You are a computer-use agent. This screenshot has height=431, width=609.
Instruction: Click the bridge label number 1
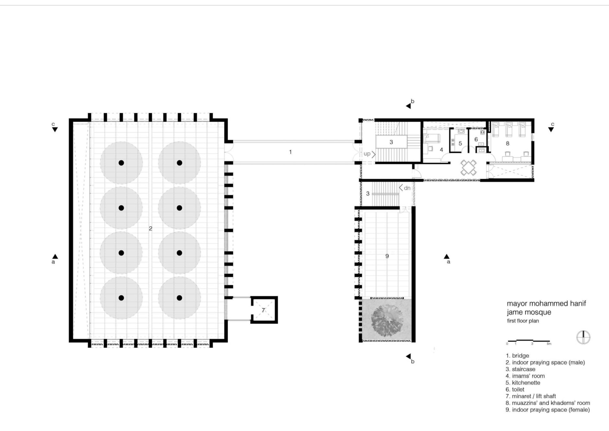290,152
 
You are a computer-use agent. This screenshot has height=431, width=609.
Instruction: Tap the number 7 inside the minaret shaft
263,310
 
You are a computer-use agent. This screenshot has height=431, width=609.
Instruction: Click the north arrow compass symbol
583,337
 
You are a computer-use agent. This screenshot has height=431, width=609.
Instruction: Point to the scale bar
529,341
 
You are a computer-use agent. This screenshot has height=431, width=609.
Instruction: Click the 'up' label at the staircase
367,154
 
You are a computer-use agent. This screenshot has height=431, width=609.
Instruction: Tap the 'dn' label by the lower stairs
407,188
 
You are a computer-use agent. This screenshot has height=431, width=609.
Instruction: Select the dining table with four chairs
469,167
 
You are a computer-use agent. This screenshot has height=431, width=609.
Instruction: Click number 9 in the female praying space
387,256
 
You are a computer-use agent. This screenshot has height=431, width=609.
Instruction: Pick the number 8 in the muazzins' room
507,144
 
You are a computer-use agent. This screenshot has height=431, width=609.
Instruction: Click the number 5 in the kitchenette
460,144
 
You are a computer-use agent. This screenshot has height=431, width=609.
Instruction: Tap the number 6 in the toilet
476,139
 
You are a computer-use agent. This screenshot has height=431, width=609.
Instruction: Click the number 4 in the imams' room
441,150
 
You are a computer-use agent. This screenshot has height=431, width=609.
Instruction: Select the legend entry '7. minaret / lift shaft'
531,396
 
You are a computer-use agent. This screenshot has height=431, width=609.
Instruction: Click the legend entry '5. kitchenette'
523,383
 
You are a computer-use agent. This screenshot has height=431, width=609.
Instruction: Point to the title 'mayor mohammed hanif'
546,304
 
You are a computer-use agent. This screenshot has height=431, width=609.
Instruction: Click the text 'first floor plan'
523,321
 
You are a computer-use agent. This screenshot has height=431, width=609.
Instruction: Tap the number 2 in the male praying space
150,228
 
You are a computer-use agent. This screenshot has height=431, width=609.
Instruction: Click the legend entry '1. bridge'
517,356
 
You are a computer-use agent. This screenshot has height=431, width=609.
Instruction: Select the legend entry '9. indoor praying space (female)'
547,410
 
